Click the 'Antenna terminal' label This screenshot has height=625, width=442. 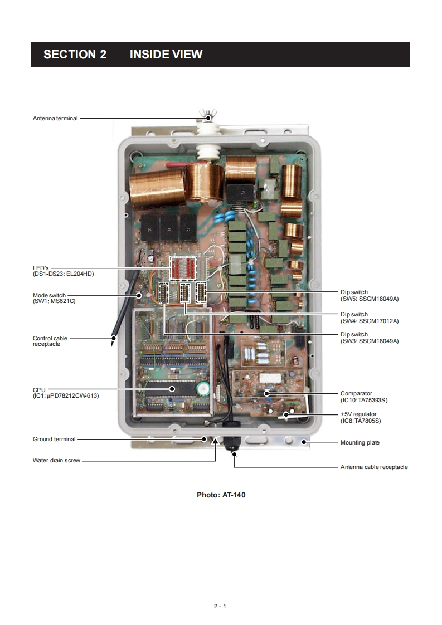(x=55, y=118)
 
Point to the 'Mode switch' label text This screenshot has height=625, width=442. (x=49, y=295)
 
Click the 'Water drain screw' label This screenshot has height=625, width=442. (x=57, y=461)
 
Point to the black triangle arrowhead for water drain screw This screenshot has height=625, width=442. (x=216, y=441)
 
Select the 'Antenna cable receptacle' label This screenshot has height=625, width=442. (x=374, y=467)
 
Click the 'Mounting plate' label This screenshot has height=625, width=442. (x=360, y=443)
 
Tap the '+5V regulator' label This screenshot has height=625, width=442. (x=358, y=414)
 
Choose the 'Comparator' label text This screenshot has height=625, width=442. (x=356, y=394)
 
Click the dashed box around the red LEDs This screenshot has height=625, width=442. (x=183, y=267)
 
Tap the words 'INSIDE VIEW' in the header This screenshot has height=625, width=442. (x=166, y=55)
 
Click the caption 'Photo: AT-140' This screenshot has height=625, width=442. (x=221, y=495)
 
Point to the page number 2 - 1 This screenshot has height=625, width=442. (x=220, y=606)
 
